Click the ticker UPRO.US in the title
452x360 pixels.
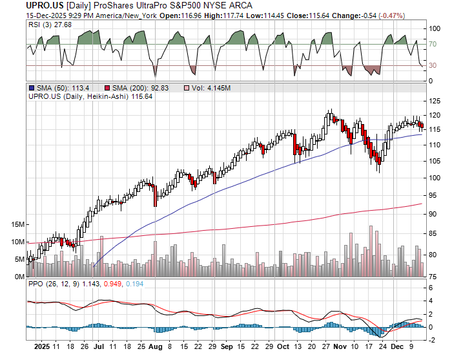(x=26, y=6)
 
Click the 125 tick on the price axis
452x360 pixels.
(x=434, y=101)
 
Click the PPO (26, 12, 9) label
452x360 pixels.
(x=54, y=284)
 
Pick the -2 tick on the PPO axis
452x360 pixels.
(x=431, y=337)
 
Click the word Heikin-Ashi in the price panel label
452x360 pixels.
(x=112, y=97)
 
